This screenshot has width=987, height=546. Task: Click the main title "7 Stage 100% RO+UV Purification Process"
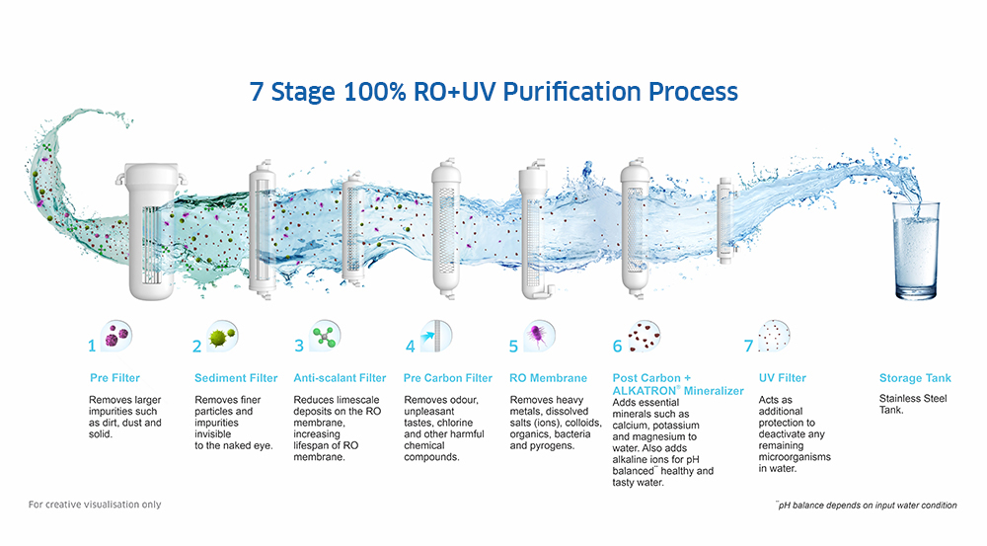[x=493, y=92]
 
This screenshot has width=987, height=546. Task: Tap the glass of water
[x=915, y=251]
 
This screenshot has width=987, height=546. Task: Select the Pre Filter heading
[x=114, y=378]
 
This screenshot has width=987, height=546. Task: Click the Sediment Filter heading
[x=236, y=378]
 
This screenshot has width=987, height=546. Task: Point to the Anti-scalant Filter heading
[x=340, y=378]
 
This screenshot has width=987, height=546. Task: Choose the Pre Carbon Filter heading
[x=448, y=378]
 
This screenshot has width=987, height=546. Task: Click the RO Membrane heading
[x=548, y=378]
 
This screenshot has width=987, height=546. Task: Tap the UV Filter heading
[x=782, y=378]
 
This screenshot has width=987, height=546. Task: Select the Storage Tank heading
[x=915, y=378]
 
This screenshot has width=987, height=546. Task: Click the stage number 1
[x=92, y=347]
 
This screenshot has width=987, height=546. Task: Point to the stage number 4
[x=410, y=347]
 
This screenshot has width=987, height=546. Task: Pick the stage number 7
[x=748, y=347]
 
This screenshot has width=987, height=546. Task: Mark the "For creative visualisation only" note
[x=94, y=505]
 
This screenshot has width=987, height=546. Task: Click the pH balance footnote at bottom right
[x=866, y=506]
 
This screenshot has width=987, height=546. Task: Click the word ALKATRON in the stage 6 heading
[x=639, y=391]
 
